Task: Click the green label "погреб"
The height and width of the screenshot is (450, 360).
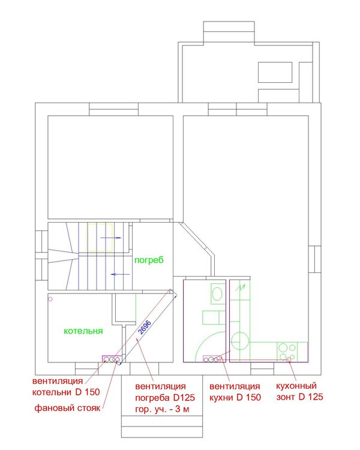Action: pyautogui.click(x=149, y=260)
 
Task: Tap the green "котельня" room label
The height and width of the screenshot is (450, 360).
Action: pyautogui.click(x=83, y=331)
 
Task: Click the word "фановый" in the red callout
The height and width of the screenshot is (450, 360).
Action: pyautogui.click(x=51, y=408)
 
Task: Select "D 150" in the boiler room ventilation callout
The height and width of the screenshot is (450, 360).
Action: pyautogui.click(x=88, y=392)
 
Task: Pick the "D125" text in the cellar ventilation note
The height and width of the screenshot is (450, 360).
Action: pyautogui.click(x=184, y=398)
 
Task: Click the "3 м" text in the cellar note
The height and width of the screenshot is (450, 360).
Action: pyautogui.click(x=182, y=409)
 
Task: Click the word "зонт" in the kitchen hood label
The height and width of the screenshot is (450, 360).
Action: pyautogui.click(x=286, y=397)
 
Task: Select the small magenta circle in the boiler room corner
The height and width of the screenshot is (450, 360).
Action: pyautogui.click(x=50, y=299)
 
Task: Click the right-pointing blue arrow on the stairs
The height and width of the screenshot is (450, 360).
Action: pyautogui.click(x=111, y=238)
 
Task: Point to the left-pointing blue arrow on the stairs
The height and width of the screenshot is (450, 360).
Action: pyautogui.click(x=120, y=274)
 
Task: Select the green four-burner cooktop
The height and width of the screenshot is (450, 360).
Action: pyautogui.click(x=287, y=352)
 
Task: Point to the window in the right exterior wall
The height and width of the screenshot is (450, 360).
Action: pyautogui.click(x=315, y=259)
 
